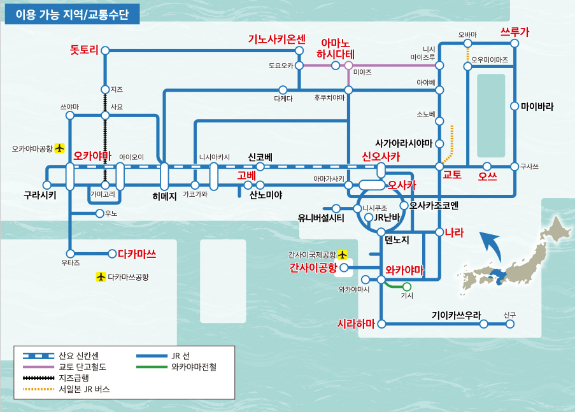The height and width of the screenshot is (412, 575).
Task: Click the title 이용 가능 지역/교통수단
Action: click(x=72, y=15)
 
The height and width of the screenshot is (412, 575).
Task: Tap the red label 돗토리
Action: click(x=84, y=49)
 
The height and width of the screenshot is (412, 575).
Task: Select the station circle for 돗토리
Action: click(x=105, y=50)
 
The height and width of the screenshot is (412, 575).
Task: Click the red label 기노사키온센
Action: click(x=277, y=39)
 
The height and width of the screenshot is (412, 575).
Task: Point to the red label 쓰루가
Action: click(x=515, y=31)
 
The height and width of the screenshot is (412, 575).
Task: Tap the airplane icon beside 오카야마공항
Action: click(x=60, y=148)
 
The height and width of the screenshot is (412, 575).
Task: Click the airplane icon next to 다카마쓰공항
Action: click(x=100, y=277)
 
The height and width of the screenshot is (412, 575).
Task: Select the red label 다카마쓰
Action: click(x=137, y=253)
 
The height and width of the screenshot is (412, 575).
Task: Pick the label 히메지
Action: click(x=164, y=195)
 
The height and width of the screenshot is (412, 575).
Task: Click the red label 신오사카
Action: click(x=381, y=156)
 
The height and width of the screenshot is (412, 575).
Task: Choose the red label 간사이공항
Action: click(x=312, y=267)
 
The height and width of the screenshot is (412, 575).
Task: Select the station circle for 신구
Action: click(x=509, y=324)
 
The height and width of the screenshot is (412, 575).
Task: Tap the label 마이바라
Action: click(x=537, y=106)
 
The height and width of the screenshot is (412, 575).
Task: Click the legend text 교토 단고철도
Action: click(x=82, y=367)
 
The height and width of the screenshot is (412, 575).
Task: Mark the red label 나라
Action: click(x=454, y=232)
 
